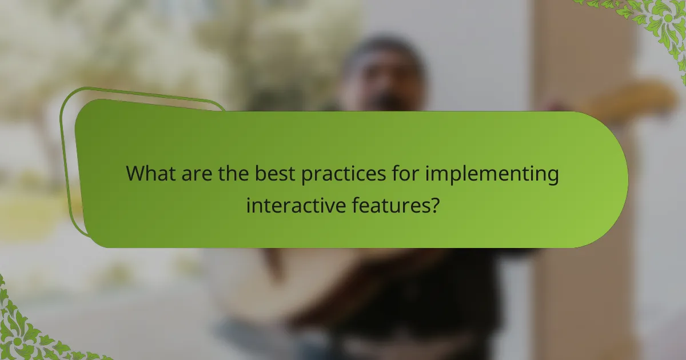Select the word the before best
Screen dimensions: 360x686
tap(233, 174)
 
